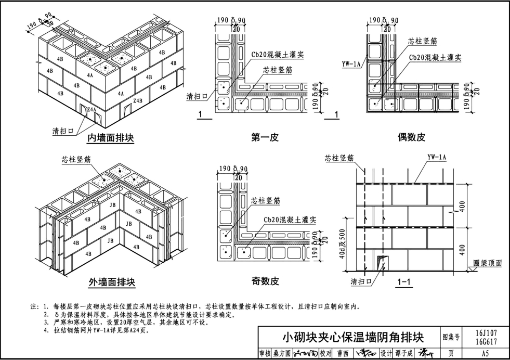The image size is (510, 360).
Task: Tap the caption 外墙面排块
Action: pyautogui.click(x=112, y=282)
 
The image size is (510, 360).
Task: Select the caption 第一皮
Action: pyautogui.click(x=265, y=138)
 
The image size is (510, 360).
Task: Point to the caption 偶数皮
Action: pyautogui.click(x=412, y=138)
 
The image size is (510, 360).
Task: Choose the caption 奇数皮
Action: pyautogui.click(x=265, y=281)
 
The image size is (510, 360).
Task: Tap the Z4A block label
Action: pyautogui.click(x=91, y=110)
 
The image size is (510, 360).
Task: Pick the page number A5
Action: pyautogui.click(x=486, y=354)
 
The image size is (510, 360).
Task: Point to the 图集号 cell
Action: pyautogui.click(x=450, y=337)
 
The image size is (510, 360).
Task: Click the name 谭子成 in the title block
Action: pyautogui.click(x=404, y=354)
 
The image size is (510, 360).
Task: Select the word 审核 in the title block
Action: pyautogui.click(x=265, y=354)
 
